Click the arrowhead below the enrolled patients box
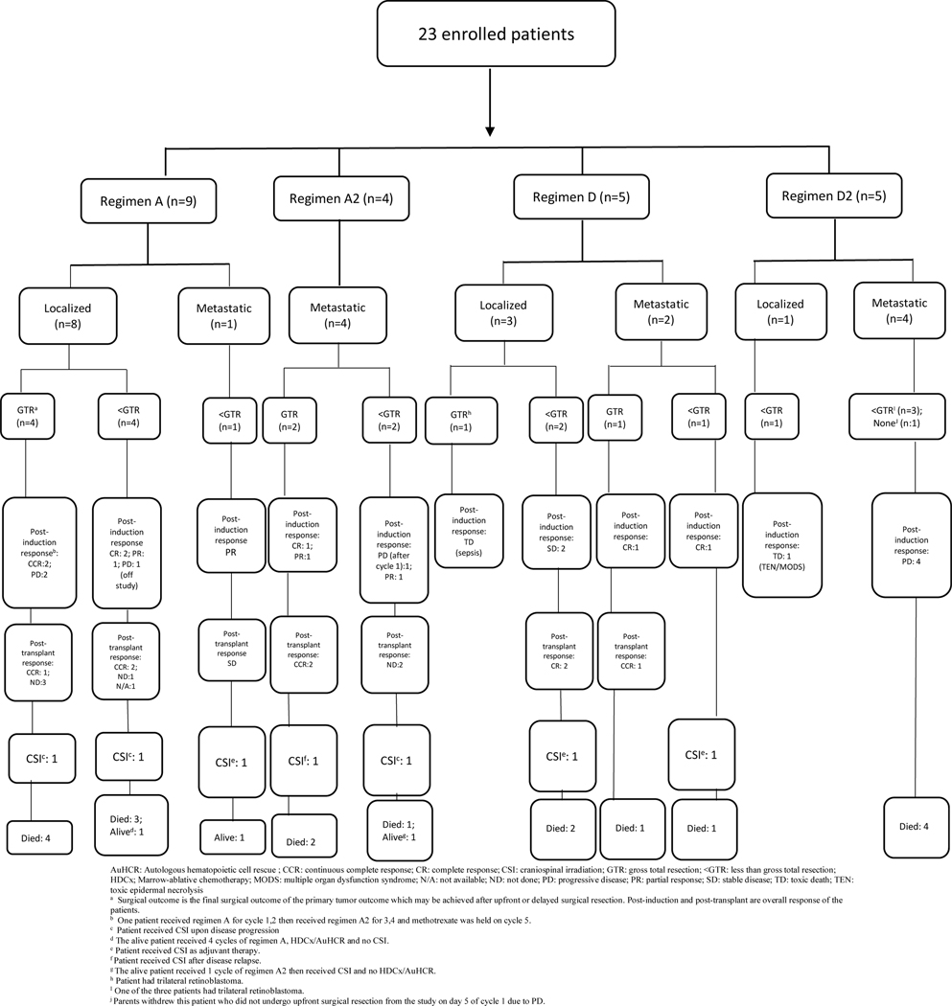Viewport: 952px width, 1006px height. (x=489, y=127)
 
